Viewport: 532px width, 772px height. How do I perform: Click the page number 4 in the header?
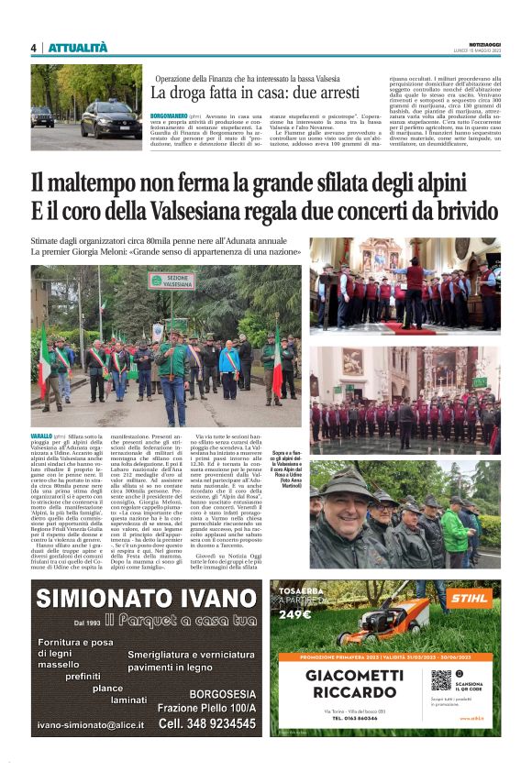pyautogui.click(x=33, y=48)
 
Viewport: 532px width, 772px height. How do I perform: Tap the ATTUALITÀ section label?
pyautogui.click(x=77, y=48)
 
